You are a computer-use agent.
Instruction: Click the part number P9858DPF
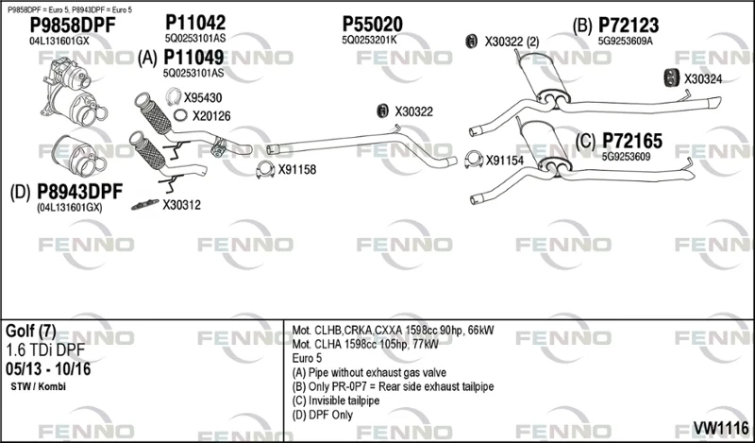coord(73,26)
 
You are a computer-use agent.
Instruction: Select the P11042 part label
coord(195,23)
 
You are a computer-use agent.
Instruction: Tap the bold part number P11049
coord(193,58)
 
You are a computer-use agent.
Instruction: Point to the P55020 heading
coord(372,25)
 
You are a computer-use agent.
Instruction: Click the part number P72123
coord(629,26)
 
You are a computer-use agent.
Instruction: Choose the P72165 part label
coord(632,142)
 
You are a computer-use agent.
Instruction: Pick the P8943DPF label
coord(80,192)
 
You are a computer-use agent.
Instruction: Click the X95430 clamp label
coord(203,98)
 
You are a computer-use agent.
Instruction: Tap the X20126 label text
coord(211,116)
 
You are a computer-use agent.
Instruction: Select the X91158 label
coord(297,170)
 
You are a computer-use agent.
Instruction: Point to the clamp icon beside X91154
coord(474,160)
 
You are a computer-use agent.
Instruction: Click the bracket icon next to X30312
coord(145,204)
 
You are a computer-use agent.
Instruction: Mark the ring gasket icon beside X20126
coord(180,115)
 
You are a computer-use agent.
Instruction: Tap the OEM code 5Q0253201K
coord(369,40)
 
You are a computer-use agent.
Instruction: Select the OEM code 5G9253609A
coord(626,41)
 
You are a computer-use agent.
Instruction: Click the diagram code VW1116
coord(721,428)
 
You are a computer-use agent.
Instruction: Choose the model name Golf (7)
coord(31,332)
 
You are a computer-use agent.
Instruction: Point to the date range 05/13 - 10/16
coord(48,369)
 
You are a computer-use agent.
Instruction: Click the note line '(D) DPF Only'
coord(322,415)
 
